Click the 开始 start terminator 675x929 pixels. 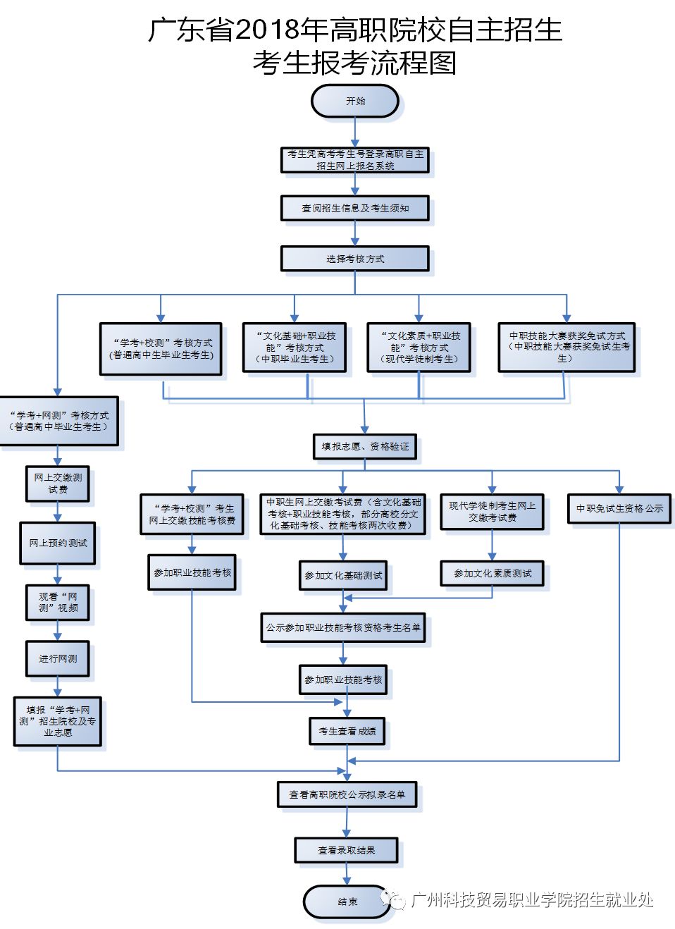pyautogui.click(x=355, y=101)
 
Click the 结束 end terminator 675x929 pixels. pyautogui.click(x=347, y=902)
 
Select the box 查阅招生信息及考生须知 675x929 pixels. pyautogui.click(x=355, y=208)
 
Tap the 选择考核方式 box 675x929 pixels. pyautogui.click(x=355, y=259)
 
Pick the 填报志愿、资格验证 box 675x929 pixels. pyautogui.click(x=365, y=447)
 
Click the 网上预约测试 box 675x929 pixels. pyautogui.click(x=58, y=543)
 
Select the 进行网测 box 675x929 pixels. pyautogui.click(x=58, y=658)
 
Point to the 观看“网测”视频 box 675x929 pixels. pyautogui.click(x=58, y=603)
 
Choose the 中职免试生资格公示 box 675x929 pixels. pyautogui.click(x=619, y=508)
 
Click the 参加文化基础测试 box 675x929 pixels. pyautogui.click(x=343, y=576)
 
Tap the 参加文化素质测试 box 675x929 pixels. pyautogui.click(x=492, y=574)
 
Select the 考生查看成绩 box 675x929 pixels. pyautogui.click(x=347, y=731)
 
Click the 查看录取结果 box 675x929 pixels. pyautogui.click(x=346, y=850)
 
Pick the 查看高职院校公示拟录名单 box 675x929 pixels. pyautogui.click(x=347, y=794)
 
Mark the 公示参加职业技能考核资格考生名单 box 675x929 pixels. pyautogui.click(x=343, y=628)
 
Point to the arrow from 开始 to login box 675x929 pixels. pyautogui.click(x=355, y=133)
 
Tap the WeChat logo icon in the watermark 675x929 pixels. pyautogui.click(x=392, y=899)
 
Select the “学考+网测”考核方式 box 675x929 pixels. pyautogui.click(x=59, y=421)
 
